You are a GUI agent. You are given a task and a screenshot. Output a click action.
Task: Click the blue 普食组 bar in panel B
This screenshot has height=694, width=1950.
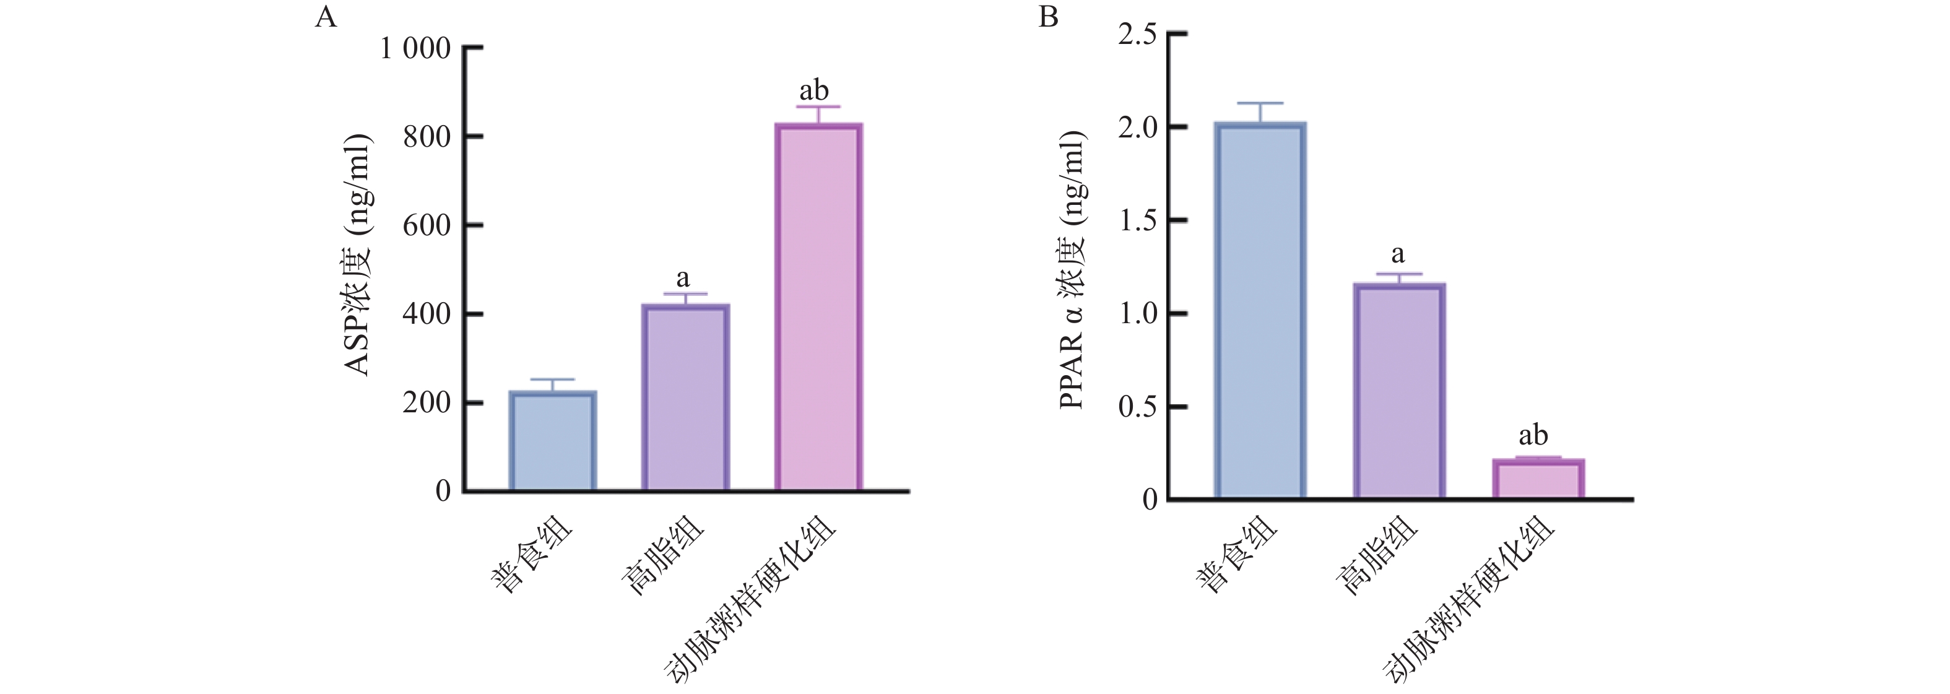[1260, 310]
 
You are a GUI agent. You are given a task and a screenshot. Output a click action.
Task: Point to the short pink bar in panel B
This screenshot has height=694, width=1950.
[1539, 479]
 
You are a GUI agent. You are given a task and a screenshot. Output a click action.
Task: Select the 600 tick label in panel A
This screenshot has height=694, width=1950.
[427, 225]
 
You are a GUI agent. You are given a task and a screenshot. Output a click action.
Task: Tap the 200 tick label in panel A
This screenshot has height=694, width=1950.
[427, 402]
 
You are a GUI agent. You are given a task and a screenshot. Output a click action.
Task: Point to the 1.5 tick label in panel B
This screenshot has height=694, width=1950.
[1138, 221]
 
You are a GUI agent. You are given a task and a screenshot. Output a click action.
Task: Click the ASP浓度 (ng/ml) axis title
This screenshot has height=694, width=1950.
[357, 255]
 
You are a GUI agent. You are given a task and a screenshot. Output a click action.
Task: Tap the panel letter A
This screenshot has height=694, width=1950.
[326, 17]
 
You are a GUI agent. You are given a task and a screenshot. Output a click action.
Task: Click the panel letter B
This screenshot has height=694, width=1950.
[1049, 17]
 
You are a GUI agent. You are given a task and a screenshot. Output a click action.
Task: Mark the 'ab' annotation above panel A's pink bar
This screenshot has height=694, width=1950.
[814, 91]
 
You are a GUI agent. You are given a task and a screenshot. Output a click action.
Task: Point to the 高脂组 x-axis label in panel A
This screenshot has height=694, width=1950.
[662, 557]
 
